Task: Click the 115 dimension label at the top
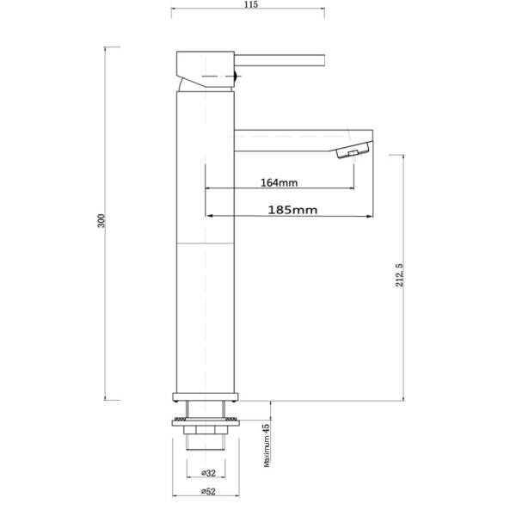(x=250, y=5)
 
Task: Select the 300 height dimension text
(x=101, y=221)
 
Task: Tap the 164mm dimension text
(x=278, y=182)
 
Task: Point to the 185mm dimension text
(x=292, y=209)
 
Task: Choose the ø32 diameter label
(x=206, y=472)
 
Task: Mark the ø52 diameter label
(x=206, y=493)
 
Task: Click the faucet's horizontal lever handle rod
(x=279, y=61)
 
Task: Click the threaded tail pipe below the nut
(x=206, y=444)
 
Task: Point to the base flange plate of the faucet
(x=206, y=397)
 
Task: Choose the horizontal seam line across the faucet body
(x=206, y=245)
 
